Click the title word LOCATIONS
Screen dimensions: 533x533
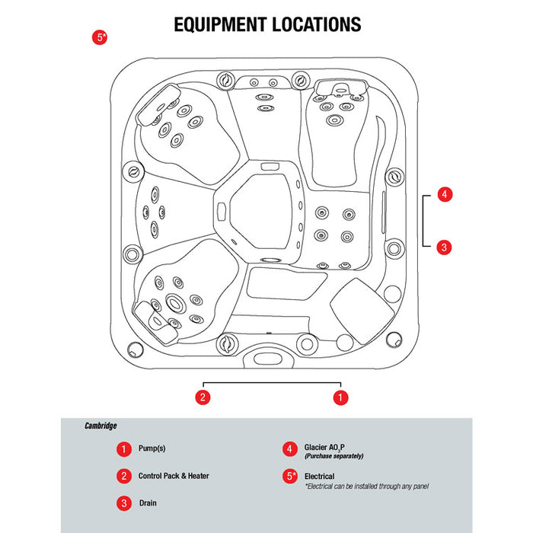(x=316, y=24)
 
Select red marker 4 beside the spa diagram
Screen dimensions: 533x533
(x=445, y=194)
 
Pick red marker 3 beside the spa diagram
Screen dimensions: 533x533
(x=445, y=247)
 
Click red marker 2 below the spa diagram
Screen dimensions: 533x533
(x=202, y=397)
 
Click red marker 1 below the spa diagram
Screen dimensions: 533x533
(x=341, y=397)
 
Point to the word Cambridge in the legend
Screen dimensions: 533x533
(x=101, y=426)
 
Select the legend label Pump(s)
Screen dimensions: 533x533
(x=153, y=449)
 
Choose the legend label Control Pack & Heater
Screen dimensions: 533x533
(x=174, y=476)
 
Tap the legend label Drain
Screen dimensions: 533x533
(x=148, y=503)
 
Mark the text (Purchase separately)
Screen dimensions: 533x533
(x=334, y=456)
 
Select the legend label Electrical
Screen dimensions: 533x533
(x=319, y=476)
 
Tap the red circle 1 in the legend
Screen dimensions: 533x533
(x=123, y=449)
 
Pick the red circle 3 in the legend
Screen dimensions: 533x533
(x=123, y=503)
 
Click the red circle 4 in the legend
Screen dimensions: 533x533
(x=289, y=449)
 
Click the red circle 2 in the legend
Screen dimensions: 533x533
(x=123, y=476)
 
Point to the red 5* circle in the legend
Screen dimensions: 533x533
(x=289, y=477)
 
